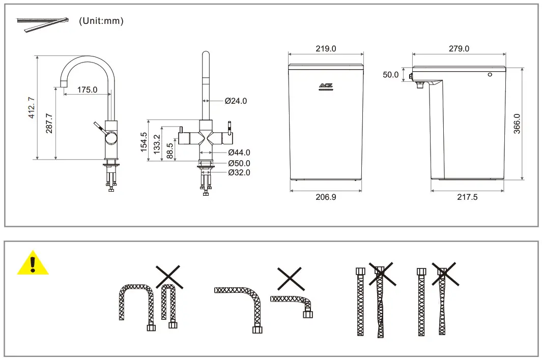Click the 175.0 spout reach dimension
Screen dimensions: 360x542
pos(87,89)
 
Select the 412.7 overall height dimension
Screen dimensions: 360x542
pos(32,108)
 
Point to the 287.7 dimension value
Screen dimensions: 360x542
pos(49,124)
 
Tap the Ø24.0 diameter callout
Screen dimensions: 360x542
pos(236,101)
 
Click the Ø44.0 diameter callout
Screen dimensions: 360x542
pos(239,152)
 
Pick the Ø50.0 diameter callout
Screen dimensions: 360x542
pos(239,163)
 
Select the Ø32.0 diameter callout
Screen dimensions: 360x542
pos(239,172)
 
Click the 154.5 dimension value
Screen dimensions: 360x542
pos(144,142)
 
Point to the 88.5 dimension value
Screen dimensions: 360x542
pos(170,152)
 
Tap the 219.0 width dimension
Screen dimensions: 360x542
pos(326,49)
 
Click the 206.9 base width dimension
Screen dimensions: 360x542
pos(326,197)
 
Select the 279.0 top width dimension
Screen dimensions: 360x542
pos(459,49)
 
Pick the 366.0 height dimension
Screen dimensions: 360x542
pos(517,124)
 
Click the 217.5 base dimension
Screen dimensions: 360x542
pos(467,197)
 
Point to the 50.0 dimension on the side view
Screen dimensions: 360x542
pos(391,75)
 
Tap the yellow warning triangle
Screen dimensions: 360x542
pos(33,263)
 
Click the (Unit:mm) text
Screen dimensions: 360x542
pos(101,21)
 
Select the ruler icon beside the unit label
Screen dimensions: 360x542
pos(42,24)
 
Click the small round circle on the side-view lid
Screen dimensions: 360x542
pos(490,75)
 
